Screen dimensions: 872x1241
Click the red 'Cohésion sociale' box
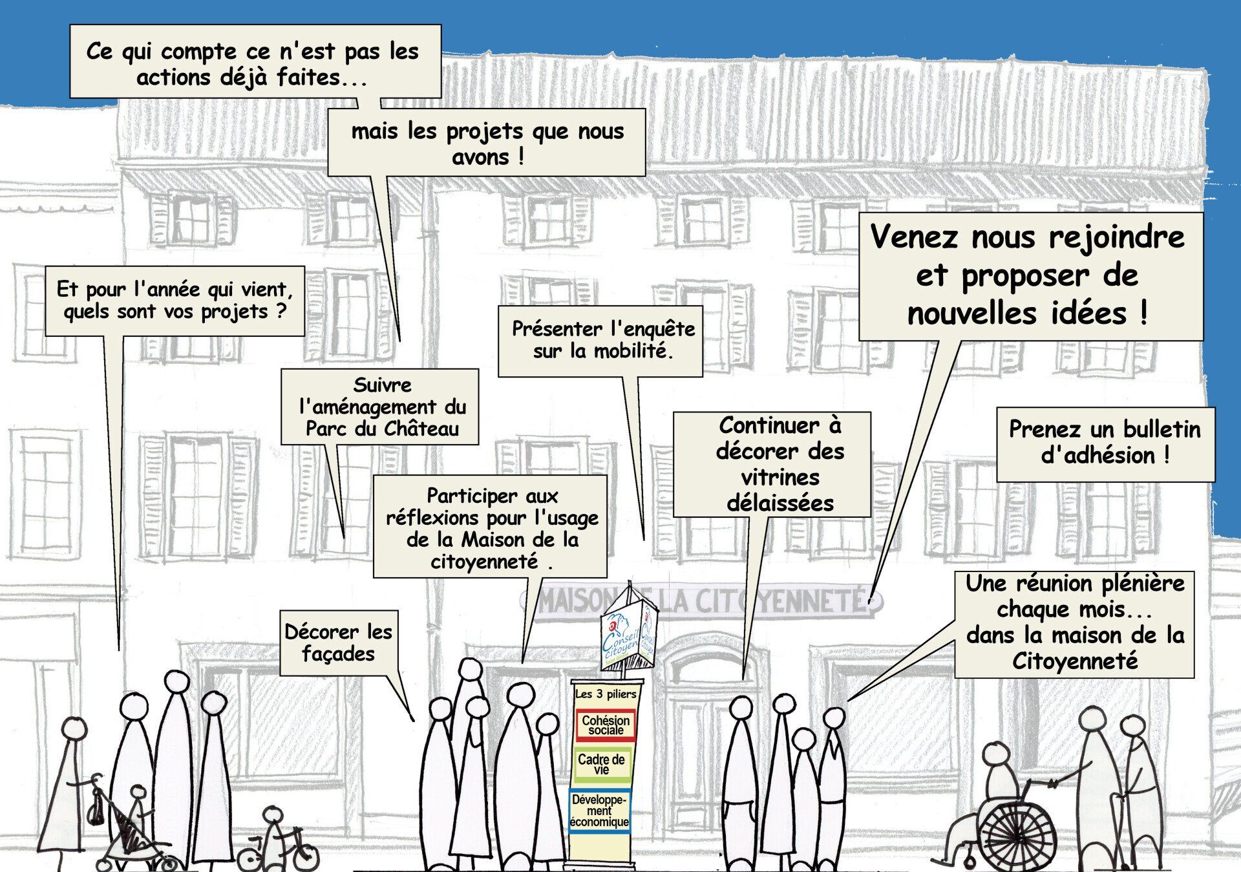pos(605,725)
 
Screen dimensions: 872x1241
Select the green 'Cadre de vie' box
pos(601,763)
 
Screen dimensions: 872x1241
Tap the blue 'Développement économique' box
pos(599,811)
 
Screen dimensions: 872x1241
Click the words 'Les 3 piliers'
pos(606,694)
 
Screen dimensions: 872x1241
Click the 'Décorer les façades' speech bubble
pos(338,643)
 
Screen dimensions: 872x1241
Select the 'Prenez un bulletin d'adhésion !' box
pos(1105,443)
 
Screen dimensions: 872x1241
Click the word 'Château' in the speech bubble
pos(421,429)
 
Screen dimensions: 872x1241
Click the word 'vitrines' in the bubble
pos(780,478)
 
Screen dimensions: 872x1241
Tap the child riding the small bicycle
pos(273,834)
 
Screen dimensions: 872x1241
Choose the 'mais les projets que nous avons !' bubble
pos(487,143)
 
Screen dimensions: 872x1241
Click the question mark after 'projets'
pos(281,312)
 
